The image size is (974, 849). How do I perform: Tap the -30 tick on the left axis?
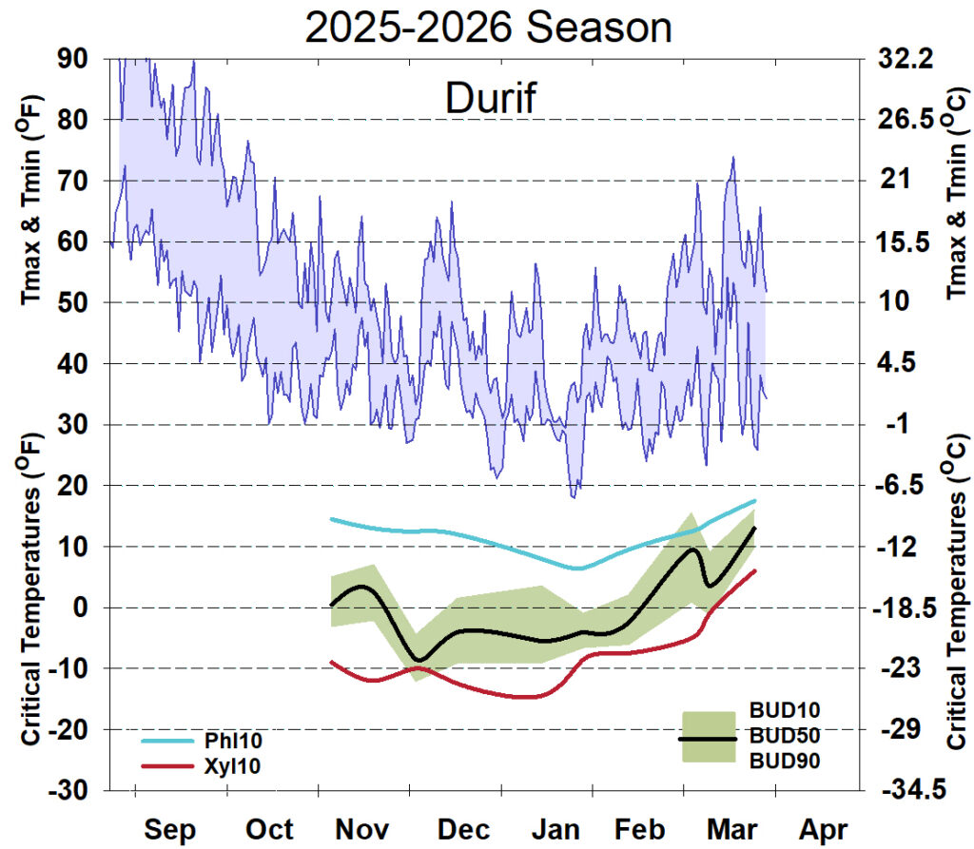tap(63, 791)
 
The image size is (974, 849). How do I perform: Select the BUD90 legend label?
tap(785, 761)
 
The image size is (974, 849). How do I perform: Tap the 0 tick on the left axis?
tap(80, 608)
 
